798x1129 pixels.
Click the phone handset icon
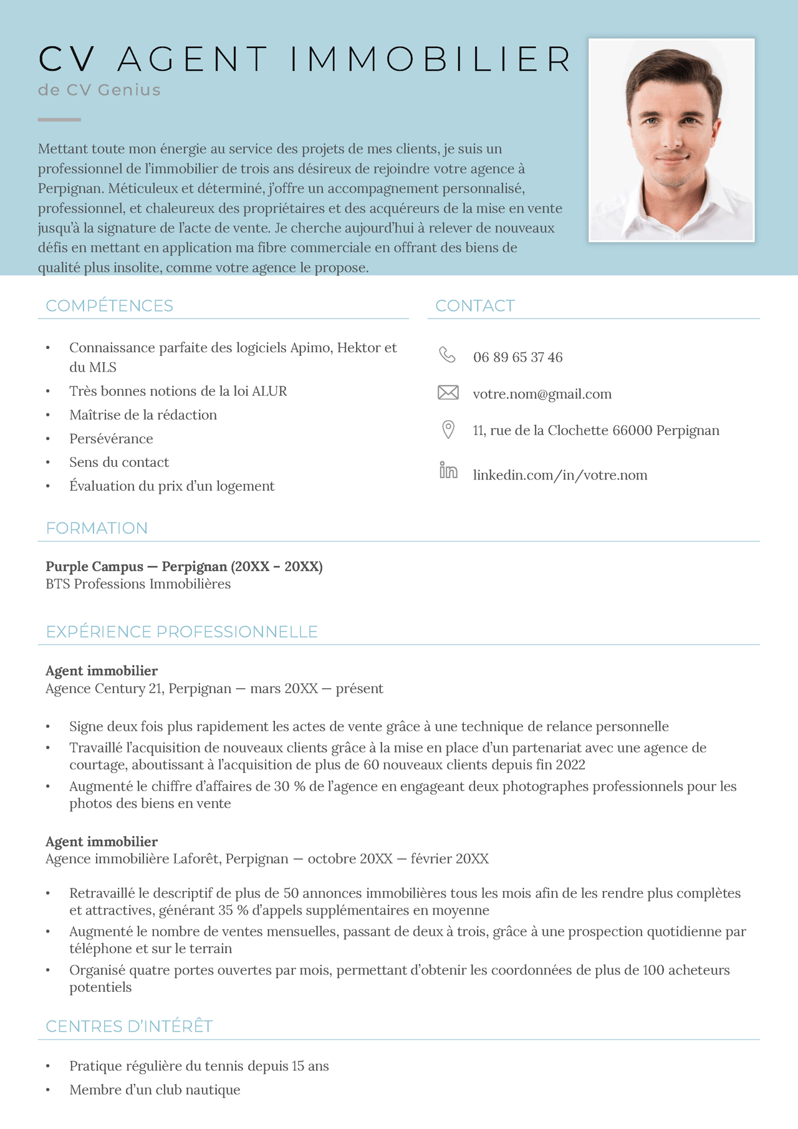(447, 355)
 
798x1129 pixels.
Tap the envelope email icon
(448, 393)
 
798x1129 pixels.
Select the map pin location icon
(448, 430)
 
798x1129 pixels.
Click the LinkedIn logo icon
(448, 471)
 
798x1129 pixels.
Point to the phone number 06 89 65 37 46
(517, 357)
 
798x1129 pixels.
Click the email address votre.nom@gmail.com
(542, 394)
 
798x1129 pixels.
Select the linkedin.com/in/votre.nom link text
(560, 475)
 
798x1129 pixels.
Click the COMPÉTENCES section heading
(110, 306)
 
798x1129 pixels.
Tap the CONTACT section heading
(475, 306)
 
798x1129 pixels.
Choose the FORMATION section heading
(97, 529)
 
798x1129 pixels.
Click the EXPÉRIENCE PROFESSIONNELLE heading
(181, 632)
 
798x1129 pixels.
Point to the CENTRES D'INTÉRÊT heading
(129, 1027)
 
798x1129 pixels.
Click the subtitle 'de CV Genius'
(99, 90)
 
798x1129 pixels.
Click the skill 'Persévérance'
(111, 439)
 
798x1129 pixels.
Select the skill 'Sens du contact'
(119, 463)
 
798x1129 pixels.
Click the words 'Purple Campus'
(94, 567)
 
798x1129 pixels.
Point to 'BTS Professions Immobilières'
(138, 584)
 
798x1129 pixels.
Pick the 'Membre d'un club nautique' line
(155, 1090)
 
